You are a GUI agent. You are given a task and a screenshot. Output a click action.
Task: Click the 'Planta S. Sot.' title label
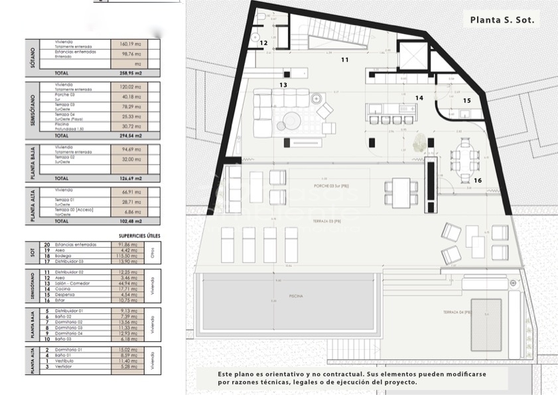point(502,20)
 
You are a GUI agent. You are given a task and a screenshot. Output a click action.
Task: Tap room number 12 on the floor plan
point(263,43)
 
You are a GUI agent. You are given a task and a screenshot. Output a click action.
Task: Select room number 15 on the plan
point(466,101)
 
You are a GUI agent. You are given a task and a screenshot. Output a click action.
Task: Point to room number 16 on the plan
point(478,180)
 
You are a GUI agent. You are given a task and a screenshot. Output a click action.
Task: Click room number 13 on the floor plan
point(283,85)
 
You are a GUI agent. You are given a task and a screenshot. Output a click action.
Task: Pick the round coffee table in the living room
point(291,121)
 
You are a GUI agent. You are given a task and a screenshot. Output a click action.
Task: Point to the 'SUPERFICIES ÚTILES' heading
point(139,236)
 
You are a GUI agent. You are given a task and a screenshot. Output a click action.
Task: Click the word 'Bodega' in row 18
point(65,256)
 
